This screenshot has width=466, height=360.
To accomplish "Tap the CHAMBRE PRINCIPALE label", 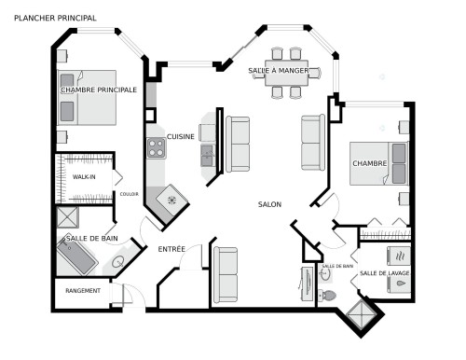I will click(x=98, y=90).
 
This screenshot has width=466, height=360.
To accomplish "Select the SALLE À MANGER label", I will click(x=279, y=71).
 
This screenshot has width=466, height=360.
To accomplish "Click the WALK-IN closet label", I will click(x=86, y=175).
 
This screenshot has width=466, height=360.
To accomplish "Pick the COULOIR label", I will click(x=130, y=194).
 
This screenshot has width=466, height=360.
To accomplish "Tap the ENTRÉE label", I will click(x=171, y=249).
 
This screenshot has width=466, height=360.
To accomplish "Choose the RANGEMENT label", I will click(x=82, y=292).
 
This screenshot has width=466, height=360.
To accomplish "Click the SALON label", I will click(x=270, y=204).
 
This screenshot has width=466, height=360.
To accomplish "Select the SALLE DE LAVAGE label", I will click(x=384, y=272).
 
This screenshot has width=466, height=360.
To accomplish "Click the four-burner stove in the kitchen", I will click(x=156, y=147).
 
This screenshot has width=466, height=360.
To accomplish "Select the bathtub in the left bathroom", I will click(x=75, y=256).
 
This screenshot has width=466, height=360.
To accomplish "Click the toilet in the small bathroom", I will click(x=327, y=294).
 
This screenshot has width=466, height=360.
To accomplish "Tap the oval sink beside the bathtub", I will click(x=118, y=263).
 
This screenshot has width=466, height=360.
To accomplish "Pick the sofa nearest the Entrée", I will click(x=227, y=274).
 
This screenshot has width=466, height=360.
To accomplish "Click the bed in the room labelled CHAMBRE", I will click(x=378, y=164).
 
